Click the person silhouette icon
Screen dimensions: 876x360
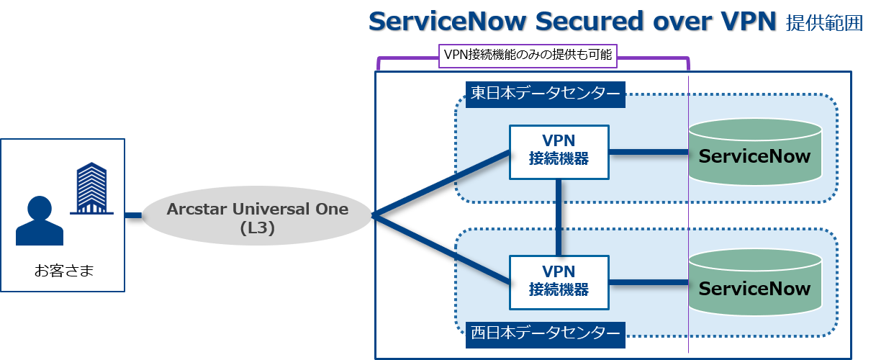[x=40, y=221]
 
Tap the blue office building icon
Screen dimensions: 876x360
[x=91, y=188]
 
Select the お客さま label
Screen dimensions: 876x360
[x=64, y=271]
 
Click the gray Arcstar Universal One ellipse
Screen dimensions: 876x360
[x=257, y=215]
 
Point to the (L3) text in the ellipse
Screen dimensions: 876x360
[x=257, y=228]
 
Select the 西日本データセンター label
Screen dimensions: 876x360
[x=545, y=335]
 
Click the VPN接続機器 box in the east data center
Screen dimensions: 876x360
[x=559, y=152]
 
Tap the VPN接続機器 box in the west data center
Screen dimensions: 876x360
[x=559, y=282]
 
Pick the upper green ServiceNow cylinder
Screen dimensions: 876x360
[x=755, y=152]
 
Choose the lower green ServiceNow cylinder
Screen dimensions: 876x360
[x=755, y=282]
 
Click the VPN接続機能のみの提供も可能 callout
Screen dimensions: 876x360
[x=528, y=56]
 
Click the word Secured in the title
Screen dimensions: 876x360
[x=590, y=21]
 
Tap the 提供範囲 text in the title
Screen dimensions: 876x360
[x=824, y=23]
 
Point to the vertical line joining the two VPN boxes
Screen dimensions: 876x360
[x=559, y=217]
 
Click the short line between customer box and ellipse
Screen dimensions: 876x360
[x=133, y=215]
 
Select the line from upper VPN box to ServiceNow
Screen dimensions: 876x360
[x=649, y=152]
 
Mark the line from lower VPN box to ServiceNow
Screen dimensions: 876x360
[x=649, y=282]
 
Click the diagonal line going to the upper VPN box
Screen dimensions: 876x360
[x=441, y=184]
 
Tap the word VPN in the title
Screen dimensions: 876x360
[x=749, y=21]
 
